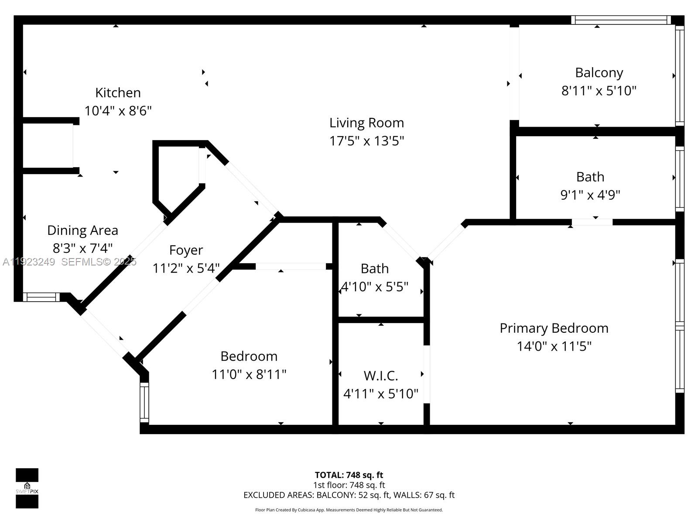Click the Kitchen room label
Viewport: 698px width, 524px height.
(118, 93)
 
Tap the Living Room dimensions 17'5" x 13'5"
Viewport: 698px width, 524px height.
(366, 141)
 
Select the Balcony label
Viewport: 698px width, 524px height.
(599, 72)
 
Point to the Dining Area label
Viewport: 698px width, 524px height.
(82, 230)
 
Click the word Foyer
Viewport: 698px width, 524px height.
(186, 250)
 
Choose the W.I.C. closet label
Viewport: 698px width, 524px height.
(380, 376)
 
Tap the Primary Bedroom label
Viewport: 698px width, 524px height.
(554, 328)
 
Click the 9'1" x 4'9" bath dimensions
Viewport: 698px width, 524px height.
(590, 195)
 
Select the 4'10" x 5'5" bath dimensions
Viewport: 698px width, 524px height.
(375, 287)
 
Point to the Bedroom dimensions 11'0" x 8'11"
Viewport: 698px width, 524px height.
(249, 374)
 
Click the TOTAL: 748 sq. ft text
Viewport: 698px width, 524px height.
(349, 475)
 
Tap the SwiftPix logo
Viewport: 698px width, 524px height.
(27, 488)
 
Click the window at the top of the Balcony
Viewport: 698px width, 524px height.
(620, 20)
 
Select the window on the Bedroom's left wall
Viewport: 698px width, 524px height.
(144, 402)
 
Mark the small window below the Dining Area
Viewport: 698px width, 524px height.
(41, 297)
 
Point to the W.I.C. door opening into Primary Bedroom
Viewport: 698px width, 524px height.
(427, 374)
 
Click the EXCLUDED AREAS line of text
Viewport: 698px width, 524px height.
(349, 495)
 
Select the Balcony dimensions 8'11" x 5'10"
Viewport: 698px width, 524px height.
(599, 91)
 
